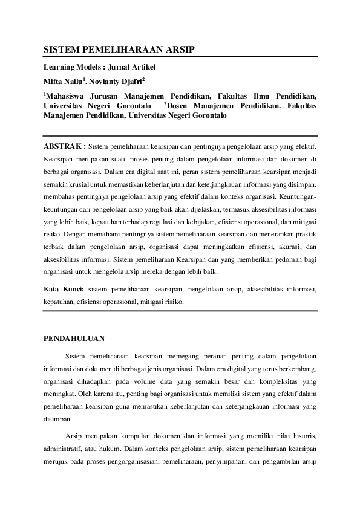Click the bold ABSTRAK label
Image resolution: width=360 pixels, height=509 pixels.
click(65, 146)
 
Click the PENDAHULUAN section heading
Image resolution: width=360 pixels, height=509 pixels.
click(74, 339)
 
